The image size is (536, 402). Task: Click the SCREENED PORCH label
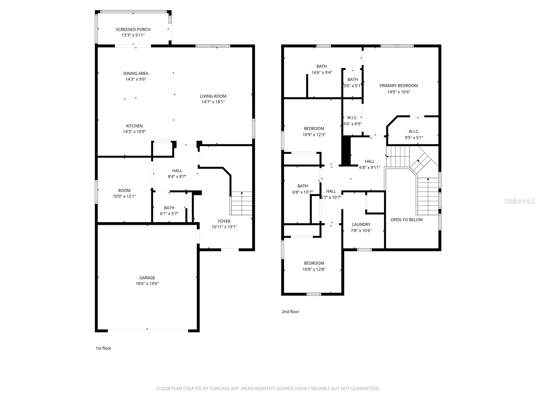(133, 29)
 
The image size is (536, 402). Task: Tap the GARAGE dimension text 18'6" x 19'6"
(147, 283)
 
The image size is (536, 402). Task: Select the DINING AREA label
(136, 73)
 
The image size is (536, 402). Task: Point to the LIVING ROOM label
(213, 96)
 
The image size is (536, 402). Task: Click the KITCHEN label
(134, 126)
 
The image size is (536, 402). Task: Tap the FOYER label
(224, 221)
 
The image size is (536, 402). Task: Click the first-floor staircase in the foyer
(242, 203)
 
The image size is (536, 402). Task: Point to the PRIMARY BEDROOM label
(399, 85)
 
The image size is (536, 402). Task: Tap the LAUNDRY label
(361, 224)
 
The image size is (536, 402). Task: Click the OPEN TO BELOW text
(406, 220)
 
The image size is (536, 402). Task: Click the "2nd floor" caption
(290, 312)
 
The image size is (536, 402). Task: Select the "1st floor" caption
(103, 348)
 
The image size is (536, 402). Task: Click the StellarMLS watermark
(520, 201)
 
